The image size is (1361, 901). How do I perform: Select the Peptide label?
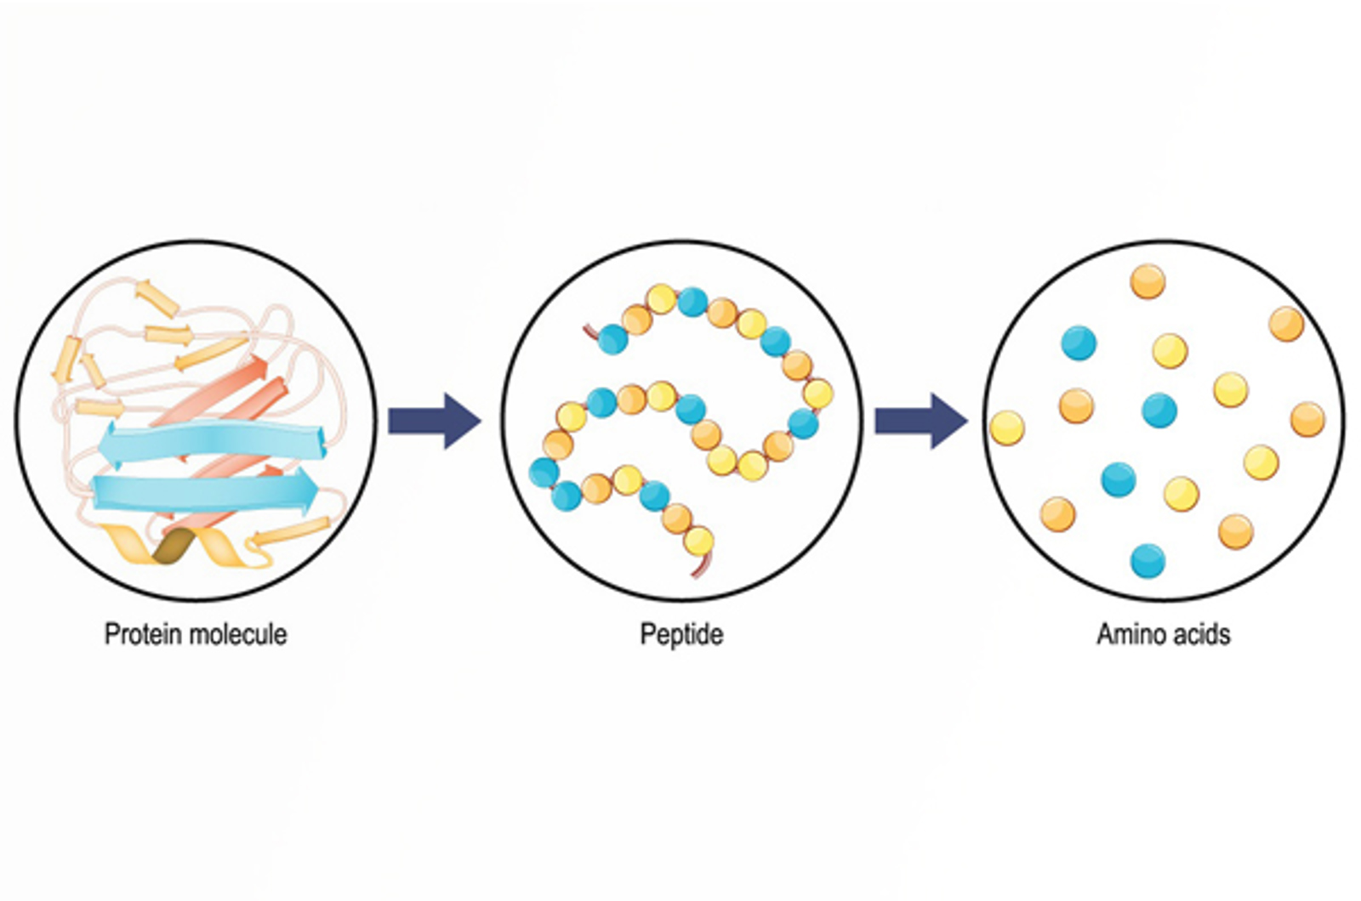coord(681,634)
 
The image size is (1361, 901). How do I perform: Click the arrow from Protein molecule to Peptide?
coord(434,421)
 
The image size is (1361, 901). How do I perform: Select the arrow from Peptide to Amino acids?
coord(920,421)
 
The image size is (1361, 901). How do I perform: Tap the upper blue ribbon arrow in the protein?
coord(213,442)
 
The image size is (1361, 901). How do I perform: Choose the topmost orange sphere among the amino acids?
coord(1147,281)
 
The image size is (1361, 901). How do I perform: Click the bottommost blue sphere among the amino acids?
coord(1147,560)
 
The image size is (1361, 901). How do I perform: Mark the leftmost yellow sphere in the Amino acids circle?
coord(1007,427)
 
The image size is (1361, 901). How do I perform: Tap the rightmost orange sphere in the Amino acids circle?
coord(1307,419)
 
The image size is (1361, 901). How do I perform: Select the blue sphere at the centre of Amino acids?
coord(1159,410)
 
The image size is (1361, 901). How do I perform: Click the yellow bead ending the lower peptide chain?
coord(698,541)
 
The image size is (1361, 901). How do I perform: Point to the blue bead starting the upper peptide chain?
coord(612,339)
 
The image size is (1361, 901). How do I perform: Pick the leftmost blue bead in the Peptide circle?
coord(544,472)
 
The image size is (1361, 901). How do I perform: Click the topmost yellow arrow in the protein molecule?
coord(157,298)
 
